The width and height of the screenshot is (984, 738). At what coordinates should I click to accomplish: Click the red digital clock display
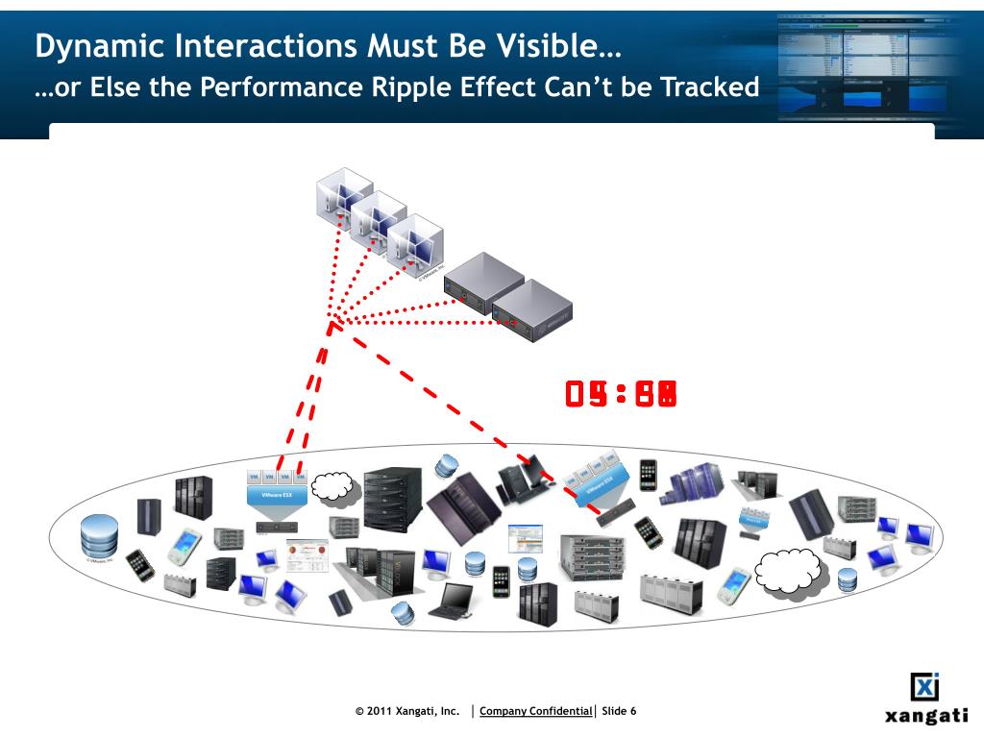[x=621, y=393]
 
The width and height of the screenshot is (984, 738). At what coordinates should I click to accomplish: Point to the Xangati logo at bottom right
[x=925, y=700]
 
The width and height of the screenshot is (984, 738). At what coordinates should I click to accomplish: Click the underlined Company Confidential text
[x=535, y=711]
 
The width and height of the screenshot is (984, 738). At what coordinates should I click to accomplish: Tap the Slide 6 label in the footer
[x=619, y=711]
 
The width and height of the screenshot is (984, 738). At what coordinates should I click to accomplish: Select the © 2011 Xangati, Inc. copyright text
[x=408, y=711]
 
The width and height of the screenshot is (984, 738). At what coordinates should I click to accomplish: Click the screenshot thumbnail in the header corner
[x=878, y=61]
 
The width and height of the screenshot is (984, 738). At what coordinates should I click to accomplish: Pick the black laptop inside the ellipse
[x=449, y=602]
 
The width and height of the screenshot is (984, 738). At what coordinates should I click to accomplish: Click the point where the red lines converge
[x=332, y=321]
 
